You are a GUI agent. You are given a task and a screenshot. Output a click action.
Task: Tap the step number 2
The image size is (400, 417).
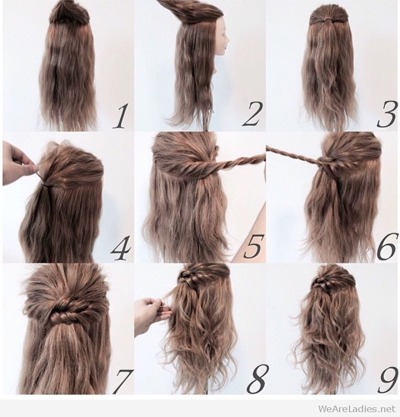point(252,115)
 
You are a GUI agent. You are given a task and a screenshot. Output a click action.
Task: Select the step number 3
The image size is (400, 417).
point(386,116)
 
